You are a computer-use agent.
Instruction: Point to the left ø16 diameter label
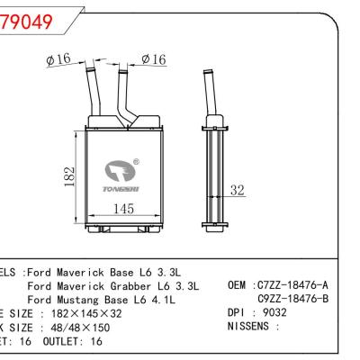[58, 60]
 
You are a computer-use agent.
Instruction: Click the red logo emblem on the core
[119, 167]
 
